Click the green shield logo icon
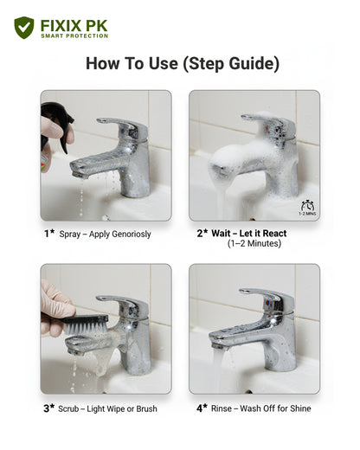(24, 28)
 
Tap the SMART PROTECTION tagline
(74, 36)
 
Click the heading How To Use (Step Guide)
(183, 64)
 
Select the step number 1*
(49, 233)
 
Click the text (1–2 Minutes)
(254, 245)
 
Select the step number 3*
(49, 407)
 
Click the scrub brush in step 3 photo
(87, 323)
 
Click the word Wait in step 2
(225, 234)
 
